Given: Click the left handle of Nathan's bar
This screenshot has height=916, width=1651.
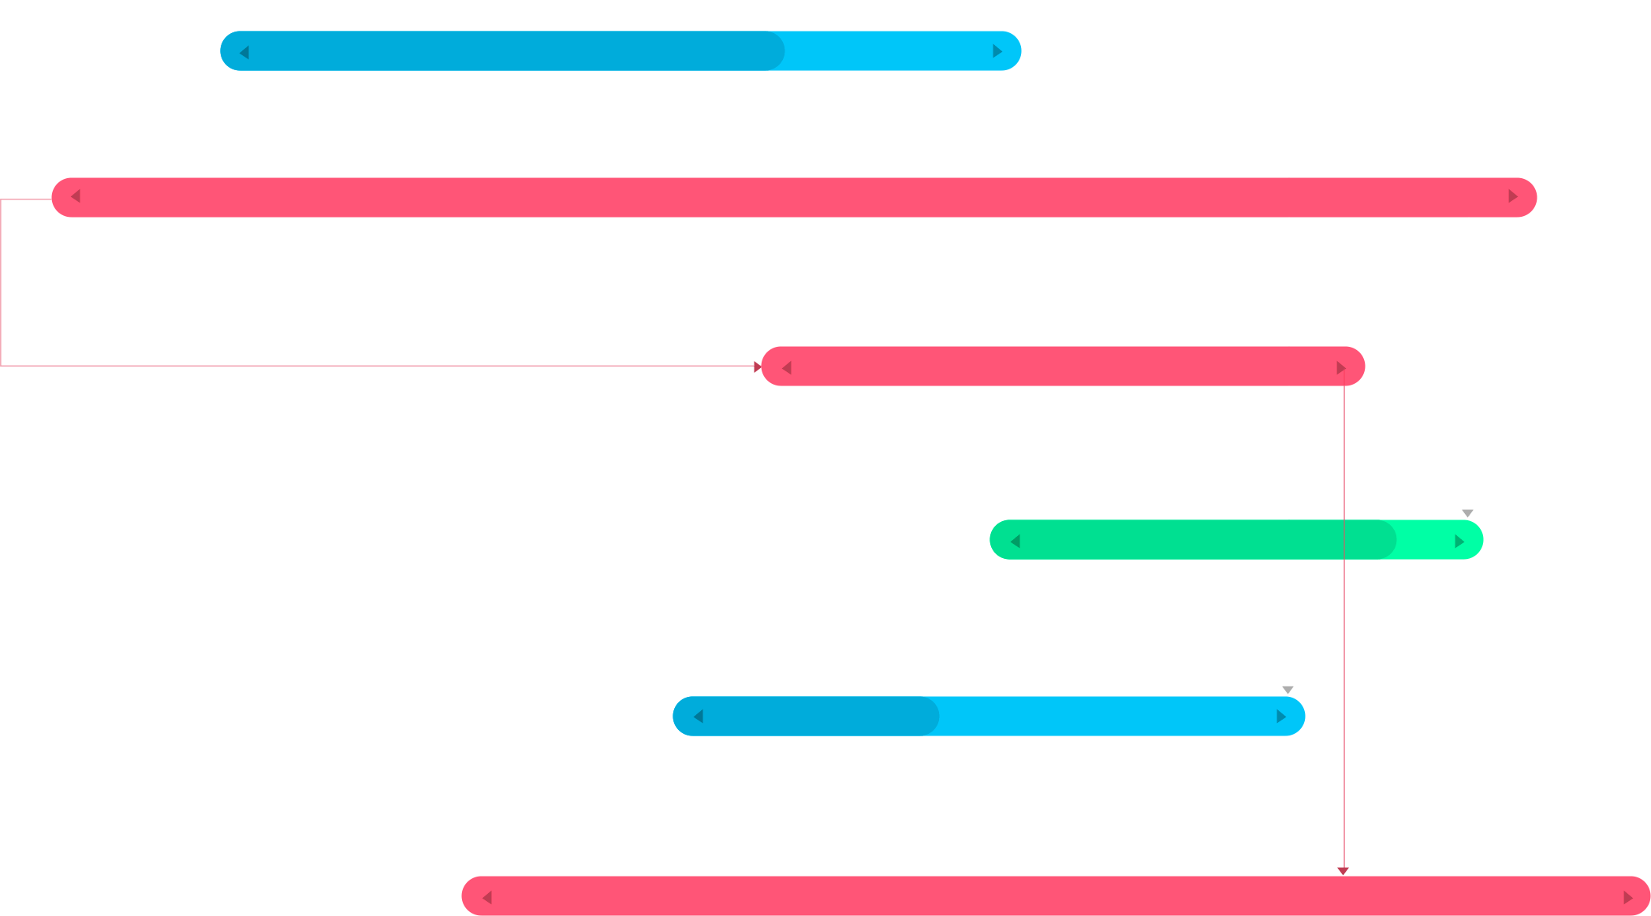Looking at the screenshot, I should tap(244, 52).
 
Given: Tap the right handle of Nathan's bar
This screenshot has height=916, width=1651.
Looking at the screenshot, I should tap(997, 51).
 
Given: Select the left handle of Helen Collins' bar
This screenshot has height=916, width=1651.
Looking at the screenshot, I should tap(76, 196).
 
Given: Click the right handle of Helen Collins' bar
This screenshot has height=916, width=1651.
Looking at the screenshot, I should tap(1512, 196).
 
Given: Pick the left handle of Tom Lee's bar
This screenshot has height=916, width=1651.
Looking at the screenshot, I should tap(786, 368).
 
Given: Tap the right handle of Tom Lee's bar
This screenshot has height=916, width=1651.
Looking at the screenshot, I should tap(1340, 368).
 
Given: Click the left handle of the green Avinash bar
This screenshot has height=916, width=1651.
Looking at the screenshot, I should tap(1016, 542).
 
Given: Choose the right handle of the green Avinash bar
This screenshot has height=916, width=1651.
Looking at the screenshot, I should tap(1459, 542).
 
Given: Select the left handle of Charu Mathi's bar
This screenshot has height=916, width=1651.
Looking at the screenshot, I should tap(699, 717).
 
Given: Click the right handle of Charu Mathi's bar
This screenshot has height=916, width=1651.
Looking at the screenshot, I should tap(1280, 717).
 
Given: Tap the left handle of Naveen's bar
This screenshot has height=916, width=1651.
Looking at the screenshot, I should tap(487, 898).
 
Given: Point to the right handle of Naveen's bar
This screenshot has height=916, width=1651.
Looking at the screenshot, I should tap(1627, 898).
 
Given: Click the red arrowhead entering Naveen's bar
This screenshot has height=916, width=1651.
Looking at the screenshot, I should tap(1343, 871).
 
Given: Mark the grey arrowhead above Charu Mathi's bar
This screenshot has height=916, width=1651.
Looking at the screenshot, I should tap(1288, 690).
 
